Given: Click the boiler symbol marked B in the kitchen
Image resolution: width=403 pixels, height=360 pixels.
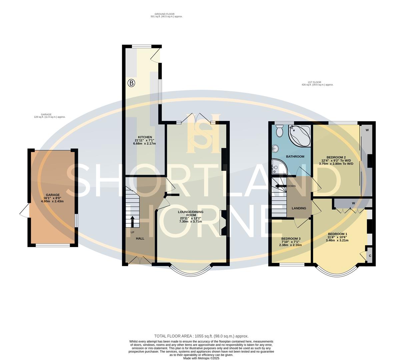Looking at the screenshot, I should [131, 83].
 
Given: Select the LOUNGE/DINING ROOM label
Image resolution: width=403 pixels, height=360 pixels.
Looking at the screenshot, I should [191, 212].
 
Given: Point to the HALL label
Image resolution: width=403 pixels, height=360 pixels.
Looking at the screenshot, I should [140, 239].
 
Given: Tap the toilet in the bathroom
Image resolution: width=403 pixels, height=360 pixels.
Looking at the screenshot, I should [279, 131].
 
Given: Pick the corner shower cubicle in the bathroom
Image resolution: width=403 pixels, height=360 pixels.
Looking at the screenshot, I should [278, 167].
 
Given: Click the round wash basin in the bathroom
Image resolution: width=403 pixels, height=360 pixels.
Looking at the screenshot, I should [275, 148].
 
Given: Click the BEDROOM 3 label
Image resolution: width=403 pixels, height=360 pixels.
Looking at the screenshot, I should [291, 239].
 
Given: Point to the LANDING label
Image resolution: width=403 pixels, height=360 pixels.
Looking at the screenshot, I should [299, 208].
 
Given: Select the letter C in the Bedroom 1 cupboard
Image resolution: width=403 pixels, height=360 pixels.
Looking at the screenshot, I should [370, 256].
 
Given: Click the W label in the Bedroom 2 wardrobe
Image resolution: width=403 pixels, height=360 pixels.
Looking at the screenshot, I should [367, 130].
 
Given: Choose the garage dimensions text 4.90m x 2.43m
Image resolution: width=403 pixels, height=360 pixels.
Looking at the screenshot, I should [52, 201].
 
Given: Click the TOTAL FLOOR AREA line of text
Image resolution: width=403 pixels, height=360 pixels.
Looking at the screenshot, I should [201, 336].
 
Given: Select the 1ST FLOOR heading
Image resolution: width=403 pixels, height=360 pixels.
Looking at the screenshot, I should [314, 82].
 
